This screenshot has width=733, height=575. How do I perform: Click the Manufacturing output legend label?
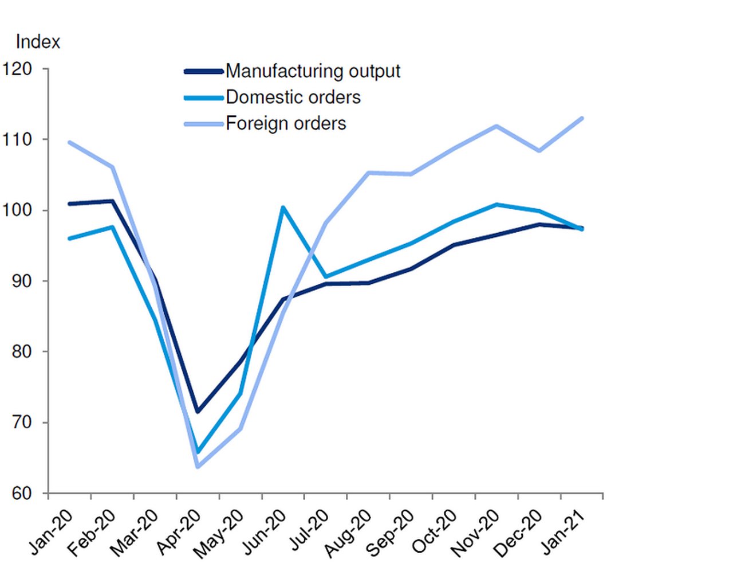tap(313, 71)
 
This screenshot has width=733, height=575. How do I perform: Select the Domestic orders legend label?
tap(293, 97)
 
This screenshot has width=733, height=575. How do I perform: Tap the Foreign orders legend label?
tap(286, 123)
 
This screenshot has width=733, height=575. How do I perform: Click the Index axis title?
tap(38, 42)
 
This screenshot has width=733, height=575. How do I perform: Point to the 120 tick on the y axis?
tap(17, 69)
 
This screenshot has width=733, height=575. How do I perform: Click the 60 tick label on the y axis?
tap(22, 493)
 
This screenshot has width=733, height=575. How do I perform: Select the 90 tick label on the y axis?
tap(22, 281)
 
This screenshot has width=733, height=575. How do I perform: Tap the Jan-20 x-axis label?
tap(52, 533)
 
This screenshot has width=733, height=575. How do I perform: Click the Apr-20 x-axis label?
tap(179, 533)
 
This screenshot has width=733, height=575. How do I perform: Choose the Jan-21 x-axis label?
tap(563, 533)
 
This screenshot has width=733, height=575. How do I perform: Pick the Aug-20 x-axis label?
tap(349, 534)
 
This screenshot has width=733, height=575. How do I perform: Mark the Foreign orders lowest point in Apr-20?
tap(198, 467)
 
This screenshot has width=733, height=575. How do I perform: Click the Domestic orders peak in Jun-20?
tap(283, 208)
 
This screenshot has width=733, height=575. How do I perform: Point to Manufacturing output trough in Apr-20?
tap(198, 412)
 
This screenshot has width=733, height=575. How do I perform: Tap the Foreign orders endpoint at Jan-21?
tap(582, 119)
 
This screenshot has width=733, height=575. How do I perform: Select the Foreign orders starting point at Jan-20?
tap(69, 142)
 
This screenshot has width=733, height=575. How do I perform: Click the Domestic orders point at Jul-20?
tap(326, 277)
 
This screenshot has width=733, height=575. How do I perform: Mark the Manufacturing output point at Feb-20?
tap(112, 201)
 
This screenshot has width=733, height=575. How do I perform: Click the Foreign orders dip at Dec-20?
tap(539, 151)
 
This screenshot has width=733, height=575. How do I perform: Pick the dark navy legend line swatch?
tap(203, 72)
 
